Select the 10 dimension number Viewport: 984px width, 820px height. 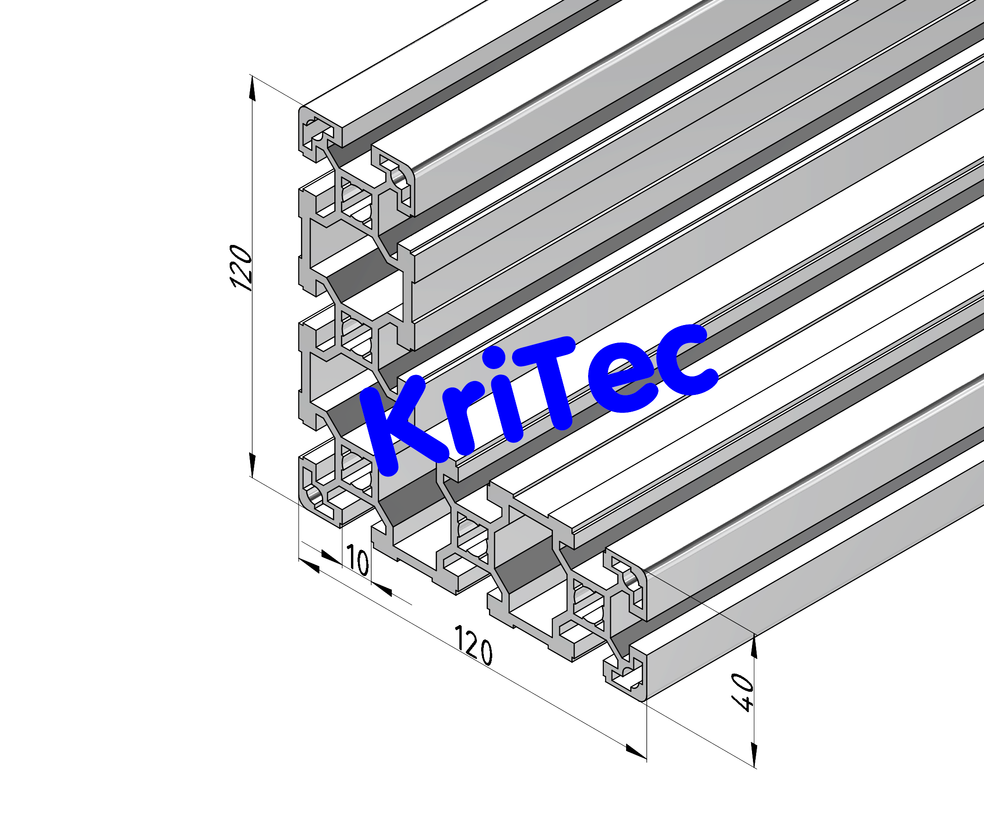coord(357,560)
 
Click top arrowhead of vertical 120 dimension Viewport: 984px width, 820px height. coord(252,89)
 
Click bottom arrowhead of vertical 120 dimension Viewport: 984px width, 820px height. coord(252,465)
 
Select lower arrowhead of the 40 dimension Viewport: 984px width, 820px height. coord(754,754)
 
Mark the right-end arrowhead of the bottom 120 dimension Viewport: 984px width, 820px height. coord(636,751)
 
